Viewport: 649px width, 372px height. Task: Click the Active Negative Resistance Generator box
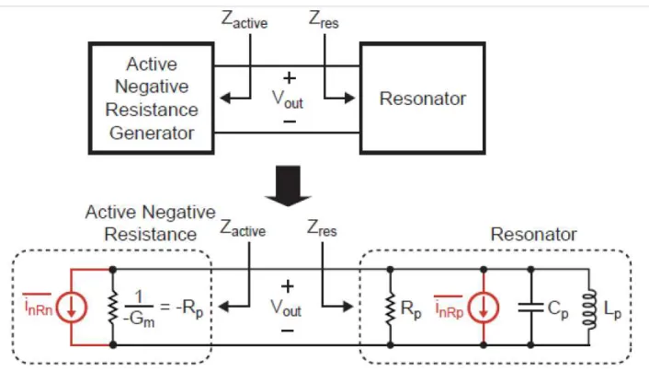tap(152, 99)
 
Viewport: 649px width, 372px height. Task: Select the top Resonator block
tap(423, 99)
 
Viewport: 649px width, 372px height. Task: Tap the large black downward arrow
tap(288, 185)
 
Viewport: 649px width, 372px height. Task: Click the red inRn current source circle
tap(72, 308)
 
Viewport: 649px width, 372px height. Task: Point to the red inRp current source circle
tap(483, 308)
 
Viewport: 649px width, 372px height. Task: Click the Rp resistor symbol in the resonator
tap(390, 308)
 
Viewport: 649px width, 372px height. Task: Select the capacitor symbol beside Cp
tap(530, 308)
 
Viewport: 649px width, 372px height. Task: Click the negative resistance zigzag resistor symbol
tap(112, 308)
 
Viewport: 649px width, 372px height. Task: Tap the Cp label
tap(557, 309)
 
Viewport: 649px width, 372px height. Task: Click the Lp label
tap(612, 309)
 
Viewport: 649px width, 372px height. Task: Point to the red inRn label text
tap(38, 306)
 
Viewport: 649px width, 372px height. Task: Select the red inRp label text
tap(449, 308)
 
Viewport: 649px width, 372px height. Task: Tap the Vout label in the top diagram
tap(287, 99)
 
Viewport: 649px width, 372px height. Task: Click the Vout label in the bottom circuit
tap(286, 308)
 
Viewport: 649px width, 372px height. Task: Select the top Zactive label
tap(245, 19)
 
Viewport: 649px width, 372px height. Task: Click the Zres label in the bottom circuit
tap(322, 229)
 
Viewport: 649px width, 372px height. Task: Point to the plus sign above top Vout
tap(290, 78)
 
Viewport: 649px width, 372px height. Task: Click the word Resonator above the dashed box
tap(533, 234)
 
